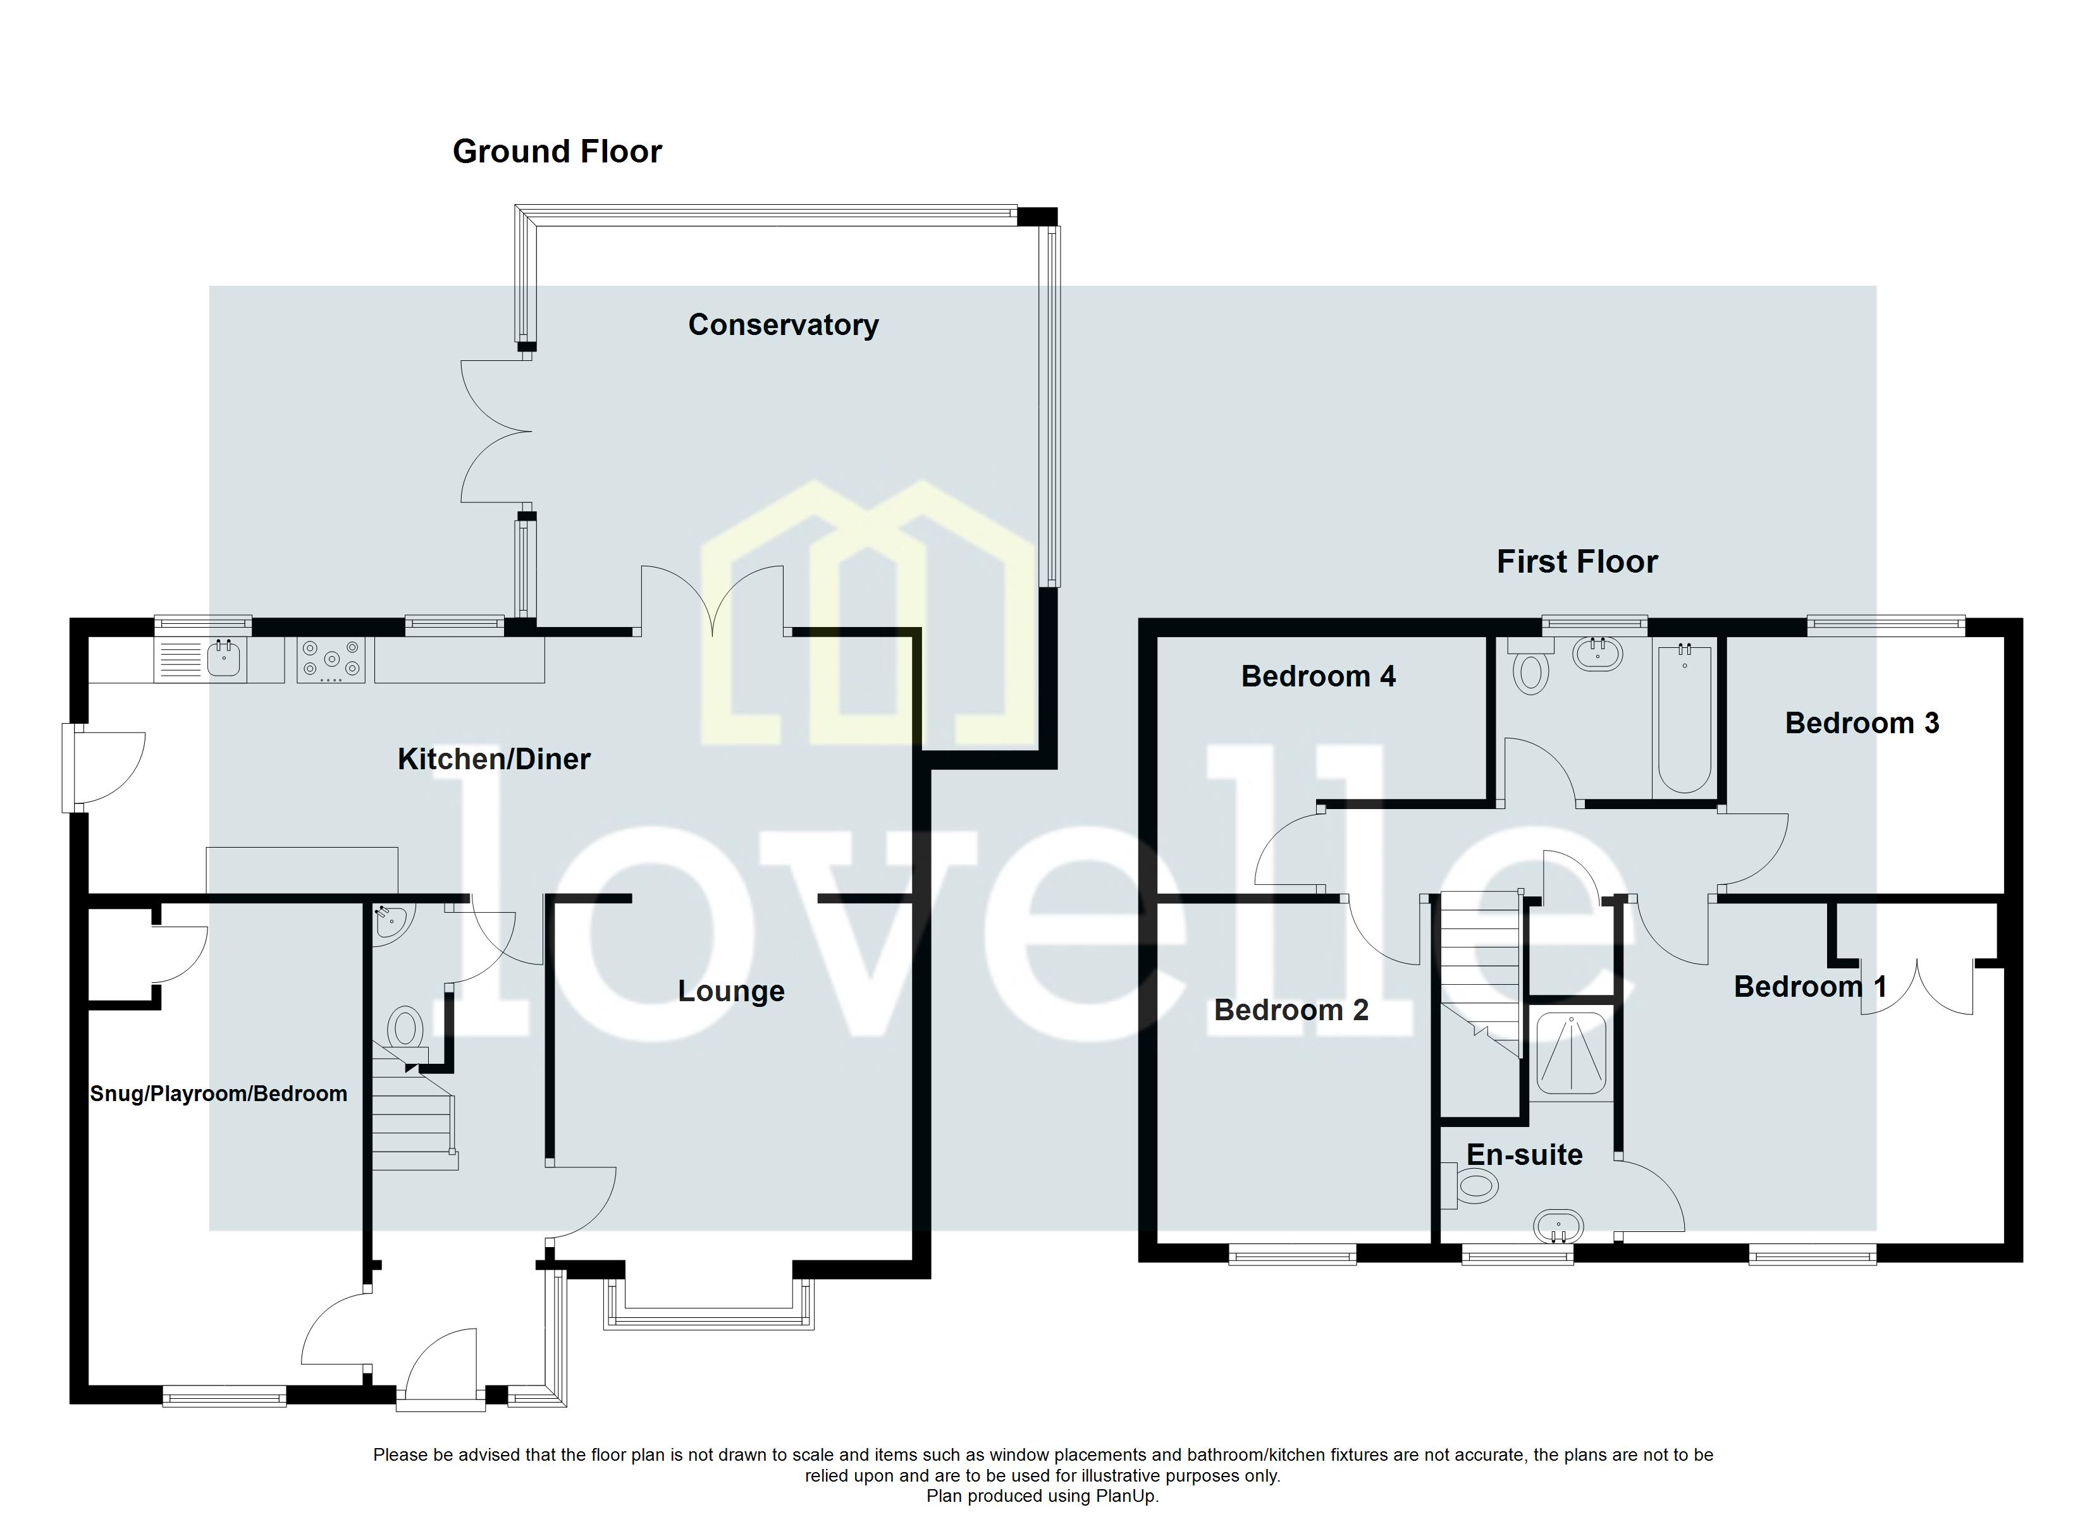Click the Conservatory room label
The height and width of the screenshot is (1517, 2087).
tap(783, 325)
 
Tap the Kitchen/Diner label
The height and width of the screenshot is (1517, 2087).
tap(493, 759)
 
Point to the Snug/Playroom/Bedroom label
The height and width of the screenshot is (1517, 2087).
tap(218, 1094)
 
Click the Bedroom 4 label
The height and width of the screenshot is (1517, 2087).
tap(1318, 676)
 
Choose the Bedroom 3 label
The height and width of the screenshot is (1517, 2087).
tap(1862, 723)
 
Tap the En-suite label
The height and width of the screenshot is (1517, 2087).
tap(1524, 1155)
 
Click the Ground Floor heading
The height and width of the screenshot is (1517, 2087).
tap(557, 152)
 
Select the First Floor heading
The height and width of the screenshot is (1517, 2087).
tap(1576, 561)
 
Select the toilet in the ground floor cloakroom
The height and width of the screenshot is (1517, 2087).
tap(405, 1028)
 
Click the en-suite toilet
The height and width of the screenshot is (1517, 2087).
tap(1474, 1187)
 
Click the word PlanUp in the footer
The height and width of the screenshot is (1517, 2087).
tap(1124, 1496)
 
